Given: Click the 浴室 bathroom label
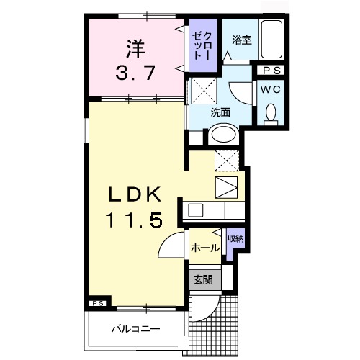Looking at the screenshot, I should (x=240, y=41).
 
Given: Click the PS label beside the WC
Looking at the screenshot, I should (x=271, y=70).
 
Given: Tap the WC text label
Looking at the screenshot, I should (x=271, y=89).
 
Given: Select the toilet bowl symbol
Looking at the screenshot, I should (x=271, y=113).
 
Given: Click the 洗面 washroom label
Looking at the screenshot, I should (x=220, y=112).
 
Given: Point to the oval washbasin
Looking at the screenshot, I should (x=222, y=135).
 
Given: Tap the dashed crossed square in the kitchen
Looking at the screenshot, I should (x=227, y=160).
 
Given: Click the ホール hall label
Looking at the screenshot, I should (x=205, y=248).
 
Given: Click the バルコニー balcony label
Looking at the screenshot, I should (x=135, y=329).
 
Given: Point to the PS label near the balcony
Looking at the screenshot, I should (x=98, y=304).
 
